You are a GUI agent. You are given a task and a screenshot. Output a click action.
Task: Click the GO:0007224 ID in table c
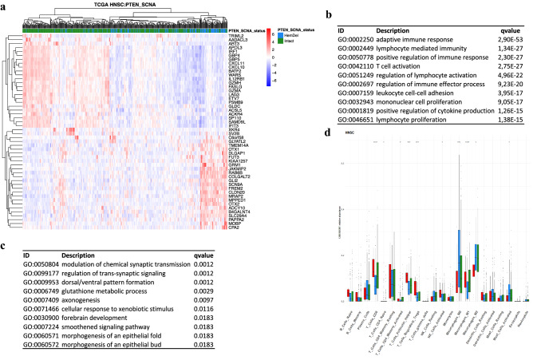[x=25, y=325]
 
